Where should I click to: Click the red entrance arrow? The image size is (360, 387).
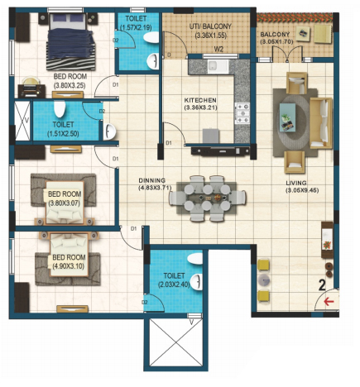click(329, 301)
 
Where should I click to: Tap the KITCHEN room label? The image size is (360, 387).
click(200, 100)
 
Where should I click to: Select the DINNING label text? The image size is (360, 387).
click(152, 180)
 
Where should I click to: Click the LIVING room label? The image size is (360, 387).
click(296, 183)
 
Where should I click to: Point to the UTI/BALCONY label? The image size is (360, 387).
click(210, 26)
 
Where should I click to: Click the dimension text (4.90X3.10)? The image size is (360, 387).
click(68, 266)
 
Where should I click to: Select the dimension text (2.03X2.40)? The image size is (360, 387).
click(174, 284)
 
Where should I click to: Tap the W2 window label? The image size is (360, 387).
click(218, 50)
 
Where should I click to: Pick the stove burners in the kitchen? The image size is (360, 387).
click(242, 113)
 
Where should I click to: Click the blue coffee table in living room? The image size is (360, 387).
click(287, 117)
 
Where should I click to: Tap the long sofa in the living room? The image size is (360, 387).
click(321, 123)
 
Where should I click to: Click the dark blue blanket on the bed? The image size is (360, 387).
click(71, 44)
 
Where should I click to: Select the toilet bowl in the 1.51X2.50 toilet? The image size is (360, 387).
click(60, 109)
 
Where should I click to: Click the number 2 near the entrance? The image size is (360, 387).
click(322, 285)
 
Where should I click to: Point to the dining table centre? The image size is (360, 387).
click(208, 198)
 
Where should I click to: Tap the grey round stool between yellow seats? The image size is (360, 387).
click(264, 280)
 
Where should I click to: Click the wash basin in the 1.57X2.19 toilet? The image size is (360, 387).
click(152, 61)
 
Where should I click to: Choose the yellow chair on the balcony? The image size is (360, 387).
click(323, 34)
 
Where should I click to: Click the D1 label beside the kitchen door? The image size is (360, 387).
click(169, 143)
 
